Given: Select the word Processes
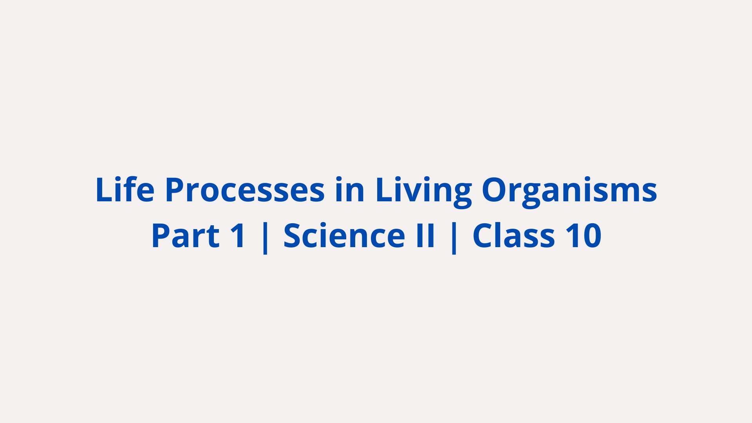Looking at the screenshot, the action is (245, 190).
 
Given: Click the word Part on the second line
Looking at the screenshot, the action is (185, 236).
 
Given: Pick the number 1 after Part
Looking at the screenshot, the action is (238, 236).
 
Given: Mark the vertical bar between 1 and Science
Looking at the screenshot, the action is (265, 237).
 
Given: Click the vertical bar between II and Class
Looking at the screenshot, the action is (454, 237).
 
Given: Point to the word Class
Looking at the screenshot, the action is (513, 235).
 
